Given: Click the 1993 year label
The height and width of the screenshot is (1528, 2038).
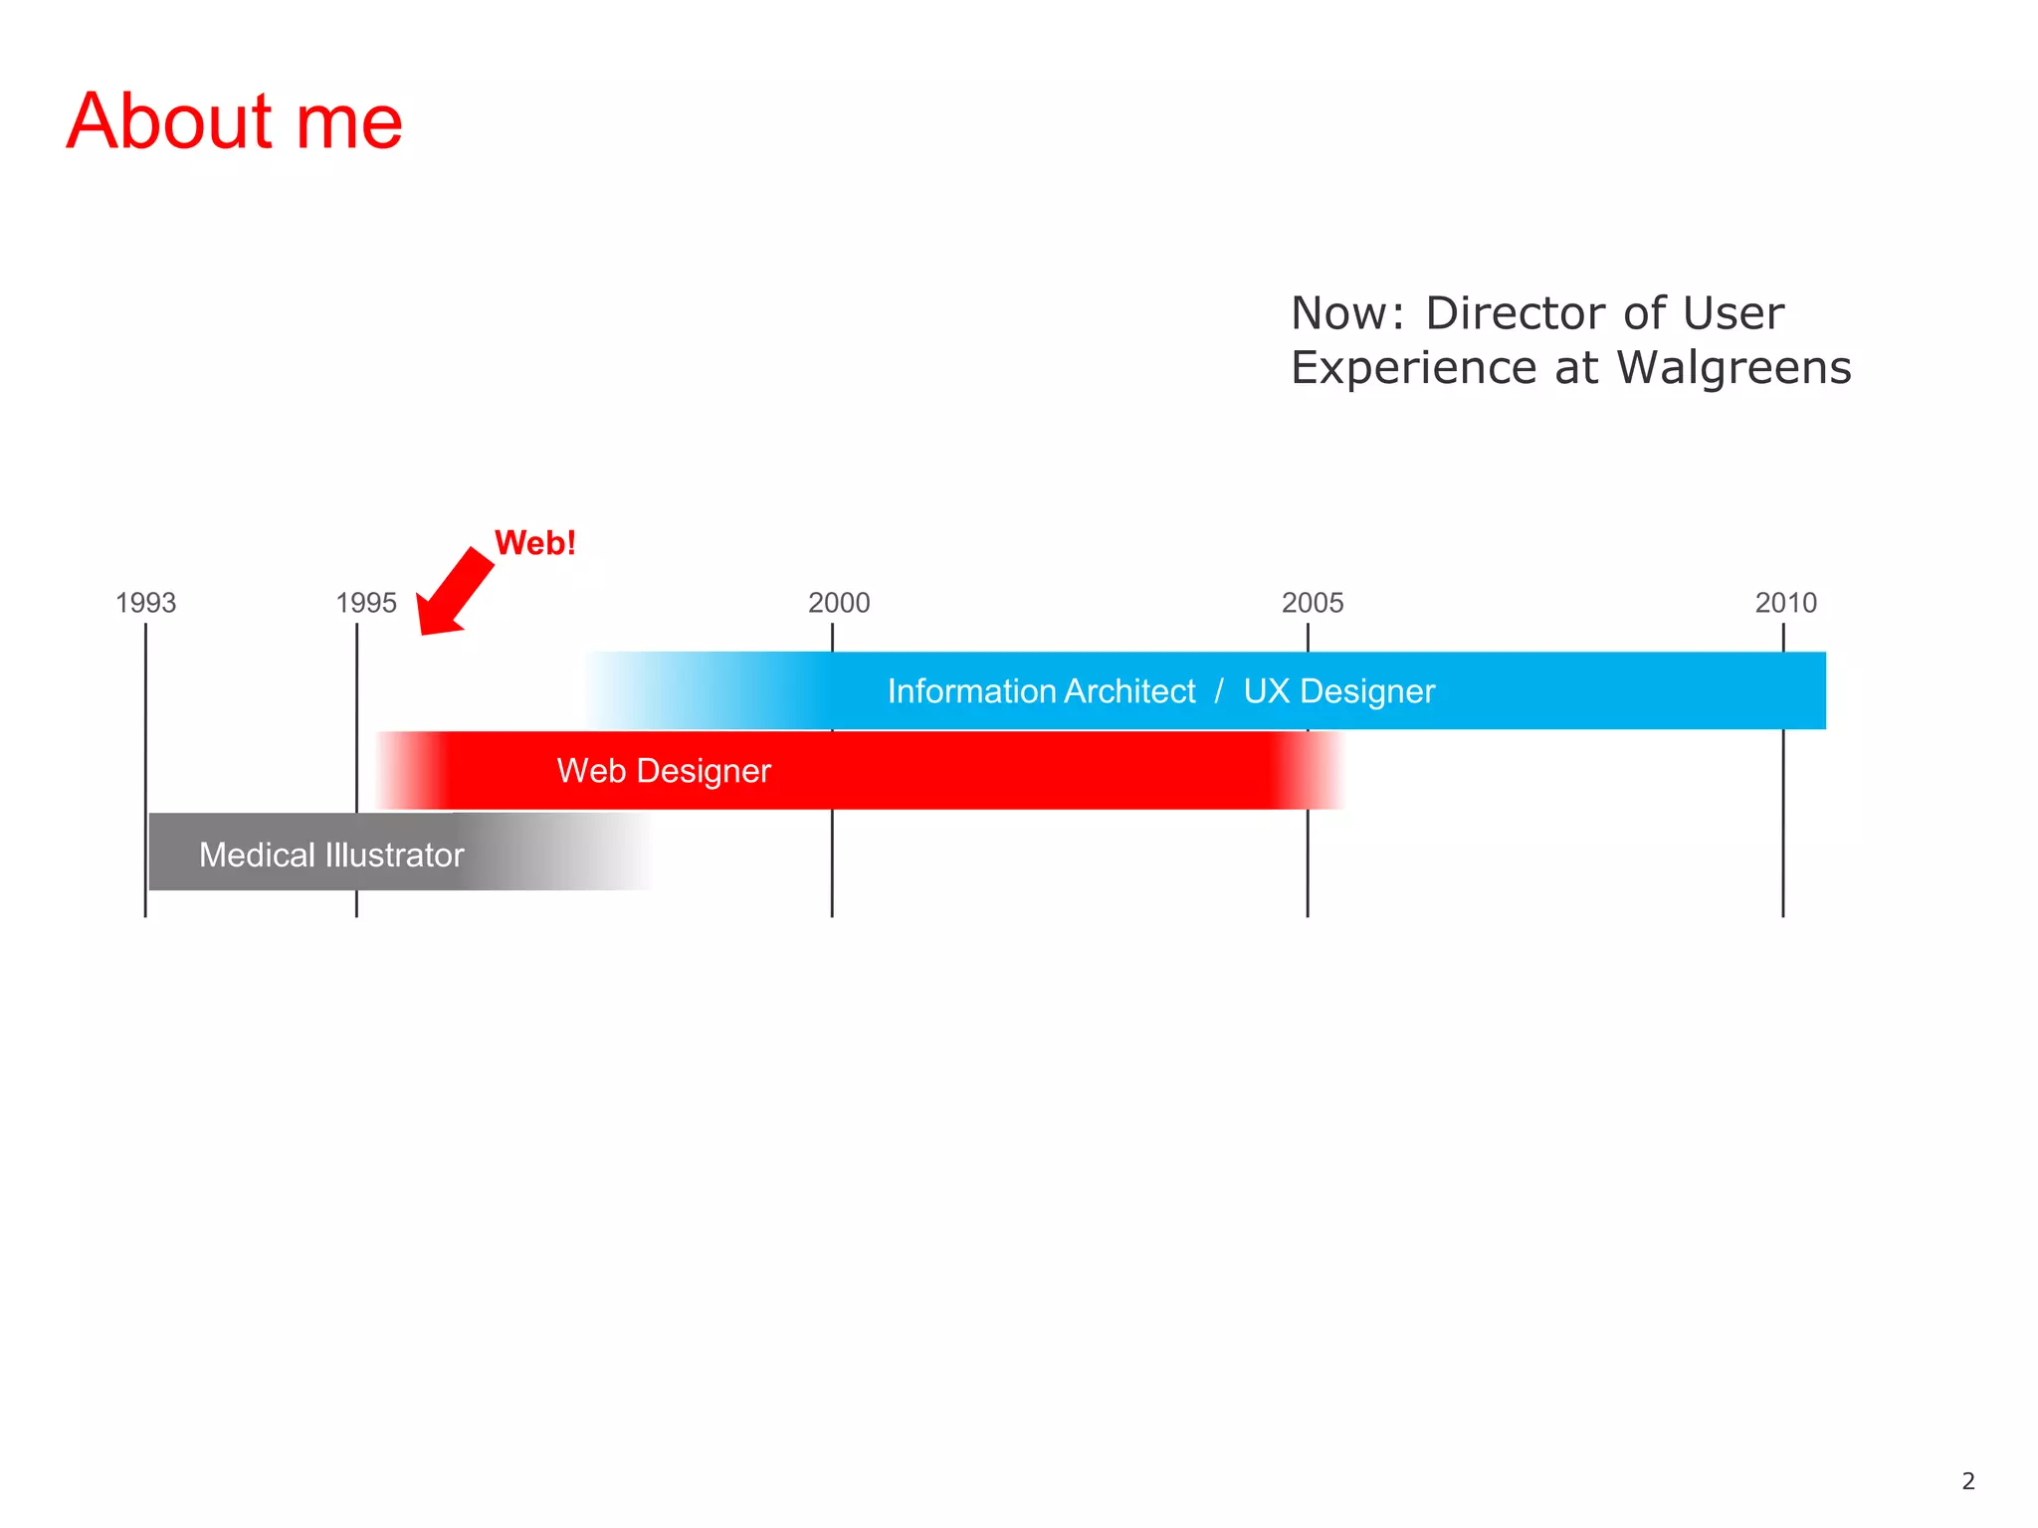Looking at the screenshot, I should click(145, 603).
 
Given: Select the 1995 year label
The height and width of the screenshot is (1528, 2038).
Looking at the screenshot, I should click(366, 603).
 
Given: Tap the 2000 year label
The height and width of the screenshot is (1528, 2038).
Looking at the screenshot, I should click(839, 603).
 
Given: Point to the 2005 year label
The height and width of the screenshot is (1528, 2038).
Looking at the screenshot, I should click(1313, 603).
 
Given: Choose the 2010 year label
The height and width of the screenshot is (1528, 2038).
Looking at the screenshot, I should click(1786, 603).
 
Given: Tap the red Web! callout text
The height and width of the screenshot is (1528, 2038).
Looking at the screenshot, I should click(535, 543).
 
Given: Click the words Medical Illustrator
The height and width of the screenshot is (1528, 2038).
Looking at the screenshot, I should click(331, 856).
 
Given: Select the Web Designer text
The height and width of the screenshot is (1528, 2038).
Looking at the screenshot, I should click(664, 771).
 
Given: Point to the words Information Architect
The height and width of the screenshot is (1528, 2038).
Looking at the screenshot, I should click(1041, 691).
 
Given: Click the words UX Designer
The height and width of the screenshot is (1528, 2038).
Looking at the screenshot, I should click(1338, 691).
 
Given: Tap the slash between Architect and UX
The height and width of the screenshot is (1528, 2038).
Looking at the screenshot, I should click(1219, 691).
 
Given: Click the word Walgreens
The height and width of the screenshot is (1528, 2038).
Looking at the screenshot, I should click(1733, 368).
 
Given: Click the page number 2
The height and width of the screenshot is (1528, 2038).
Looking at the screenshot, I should click(1967, 1481).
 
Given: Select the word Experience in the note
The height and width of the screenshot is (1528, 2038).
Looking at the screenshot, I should click(1413, 369).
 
